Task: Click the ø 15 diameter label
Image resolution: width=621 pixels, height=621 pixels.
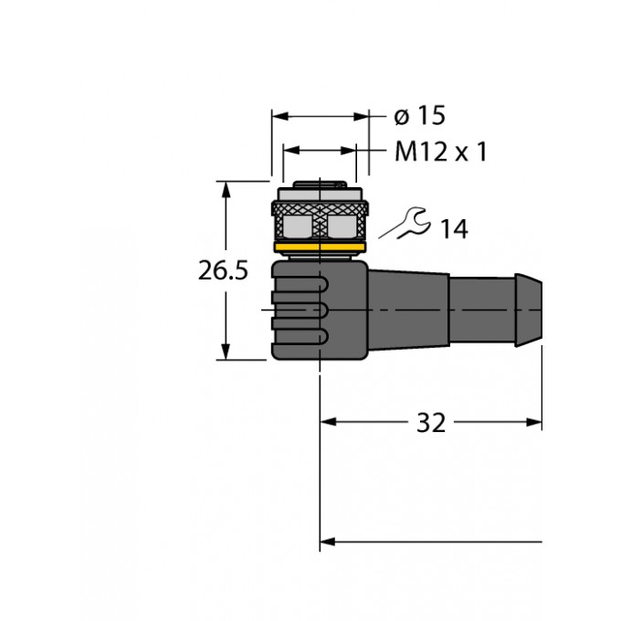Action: point(419,116)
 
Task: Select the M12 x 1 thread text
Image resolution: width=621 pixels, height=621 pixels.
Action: point(440,151)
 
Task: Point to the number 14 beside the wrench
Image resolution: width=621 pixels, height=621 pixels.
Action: point(453,229)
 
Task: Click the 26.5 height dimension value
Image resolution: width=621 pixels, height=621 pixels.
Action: point(224,270)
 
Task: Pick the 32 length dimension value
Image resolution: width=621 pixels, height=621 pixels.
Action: point(430,423)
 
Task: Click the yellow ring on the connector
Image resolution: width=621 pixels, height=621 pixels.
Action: point(320,246)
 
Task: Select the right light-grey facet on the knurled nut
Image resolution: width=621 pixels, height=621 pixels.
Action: point(343,226)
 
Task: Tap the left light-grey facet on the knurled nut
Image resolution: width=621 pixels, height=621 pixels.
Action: point(296,226)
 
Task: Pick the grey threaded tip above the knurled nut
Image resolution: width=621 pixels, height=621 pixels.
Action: point(320,195)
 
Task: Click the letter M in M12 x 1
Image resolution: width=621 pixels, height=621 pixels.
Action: point(405,151)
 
